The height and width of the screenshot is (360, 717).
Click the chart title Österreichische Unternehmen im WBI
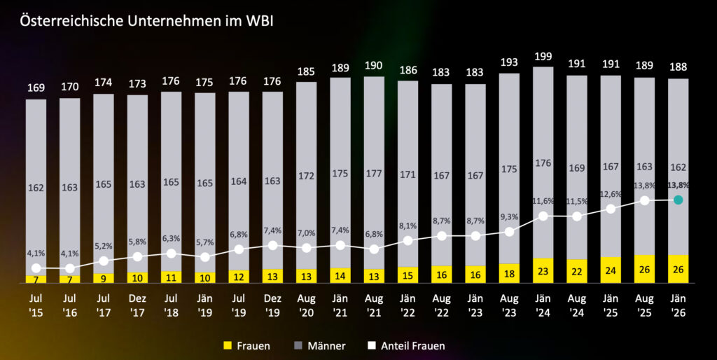146,21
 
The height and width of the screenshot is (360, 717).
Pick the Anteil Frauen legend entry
406,345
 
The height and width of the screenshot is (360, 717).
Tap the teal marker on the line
678,200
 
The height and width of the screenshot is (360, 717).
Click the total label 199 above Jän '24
543,55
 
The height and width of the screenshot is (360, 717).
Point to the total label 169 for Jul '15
36,88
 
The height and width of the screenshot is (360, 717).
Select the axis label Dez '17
137,305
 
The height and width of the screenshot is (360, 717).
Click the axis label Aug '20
306,305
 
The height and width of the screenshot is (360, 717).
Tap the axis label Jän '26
678,305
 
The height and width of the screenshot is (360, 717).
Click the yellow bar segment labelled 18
509,273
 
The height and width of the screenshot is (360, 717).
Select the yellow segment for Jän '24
543,270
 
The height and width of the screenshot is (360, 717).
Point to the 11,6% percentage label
543,202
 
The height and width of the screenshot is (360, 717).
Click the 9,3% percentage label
509,218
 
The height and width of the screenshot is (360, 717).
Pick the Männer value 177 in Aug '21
374,174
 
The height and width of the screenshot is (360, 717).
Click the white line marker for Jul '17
104,261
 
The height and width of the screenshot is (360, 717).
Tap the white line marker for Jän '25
611,209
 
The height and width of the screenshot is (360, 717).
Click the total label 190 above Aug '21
374,66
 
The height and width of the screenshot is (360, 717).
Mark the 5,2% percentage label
104,247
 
